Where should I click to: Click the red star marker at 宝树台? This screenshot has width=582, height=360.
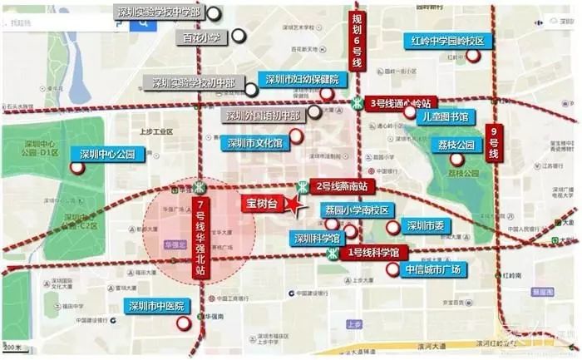pyautogui.click(x=293, y=205)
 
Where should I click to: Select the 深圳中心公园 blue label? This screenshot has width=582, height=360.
pyautogui.click(x=113, y=154)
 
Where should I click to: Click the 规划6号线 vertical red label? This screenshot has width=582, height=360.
pyautogui.click(x=357, y=42)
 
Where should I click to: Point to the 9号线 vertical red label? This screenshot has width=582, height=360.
pyautogui.click(x=492, y=143)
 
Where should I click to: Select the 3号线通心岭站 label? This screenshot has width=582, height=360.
pyautogui.click(x=402, y=103)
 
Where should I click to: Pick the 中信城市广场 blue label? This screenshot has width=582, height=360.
pyautogui.click(x=433, y=269)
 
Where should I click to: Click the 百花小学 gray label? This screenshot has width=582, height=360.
pyautogui.click(x=201, y=38)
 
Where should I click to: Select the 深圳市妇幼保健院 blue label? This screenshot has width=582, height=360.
pyautogui.click(x=301, y=80)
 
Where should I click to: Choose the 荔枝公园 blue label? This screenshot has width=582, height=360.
pyautogui.click(x=457, y=145)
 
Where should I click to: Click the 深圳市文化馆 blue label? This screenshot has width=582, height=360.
pyautogui.click(x=254, y=143)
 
